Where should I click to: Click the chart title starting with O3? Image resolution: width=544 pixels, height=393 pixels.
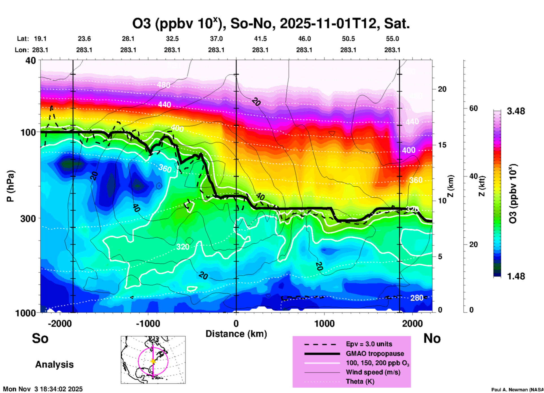click(271, 24)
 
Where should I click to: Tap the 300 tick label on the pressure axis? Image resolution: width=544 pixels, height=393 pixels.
click(28, 218)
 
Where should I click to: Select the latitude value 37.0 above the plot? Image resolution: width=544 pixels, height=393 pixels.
click(216, 39)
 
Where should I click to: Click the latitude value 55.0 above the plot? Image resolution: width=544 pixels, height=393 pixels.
click(392, 39)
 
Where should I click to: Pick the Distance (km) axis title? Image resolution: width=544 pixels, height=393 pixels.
click(236, 334)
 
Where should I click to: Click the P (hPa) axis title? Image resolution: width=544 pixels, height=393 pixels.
click(11, 186)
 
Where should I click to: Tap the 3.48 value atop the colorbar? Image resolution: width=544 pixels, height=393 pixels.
click(516, 111)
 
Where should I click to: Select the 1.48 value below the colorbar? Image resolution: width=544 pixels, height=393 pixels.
click(516, 276)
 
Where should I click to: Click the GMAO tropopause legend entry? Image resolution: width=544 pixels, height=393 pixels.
click(375, 354)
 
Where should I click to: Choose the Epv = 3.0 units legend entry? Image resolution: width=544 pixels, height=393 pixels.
click(369, 344)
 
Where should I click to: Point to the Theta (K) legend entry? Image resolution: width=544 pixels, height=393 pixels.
click(360, 381)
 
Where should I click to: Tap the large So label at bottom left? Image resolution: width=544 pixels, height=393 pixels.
click(40, 338)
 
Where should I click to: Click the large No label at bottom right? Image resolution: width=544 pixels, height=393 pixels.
click(432, 338)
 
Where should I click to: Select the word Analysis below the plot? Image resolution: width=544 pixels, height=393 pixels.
click(54, 365)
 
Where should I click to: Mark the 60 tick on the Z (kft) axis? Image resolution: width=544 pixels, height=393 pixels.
click(473, 108)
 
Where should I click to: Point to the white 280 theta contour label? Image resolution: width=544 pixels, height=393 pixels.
click(417, 298)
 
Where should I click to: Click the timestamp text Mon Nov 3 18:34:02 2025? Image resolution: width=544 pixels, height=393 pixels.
click(43, 389)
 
